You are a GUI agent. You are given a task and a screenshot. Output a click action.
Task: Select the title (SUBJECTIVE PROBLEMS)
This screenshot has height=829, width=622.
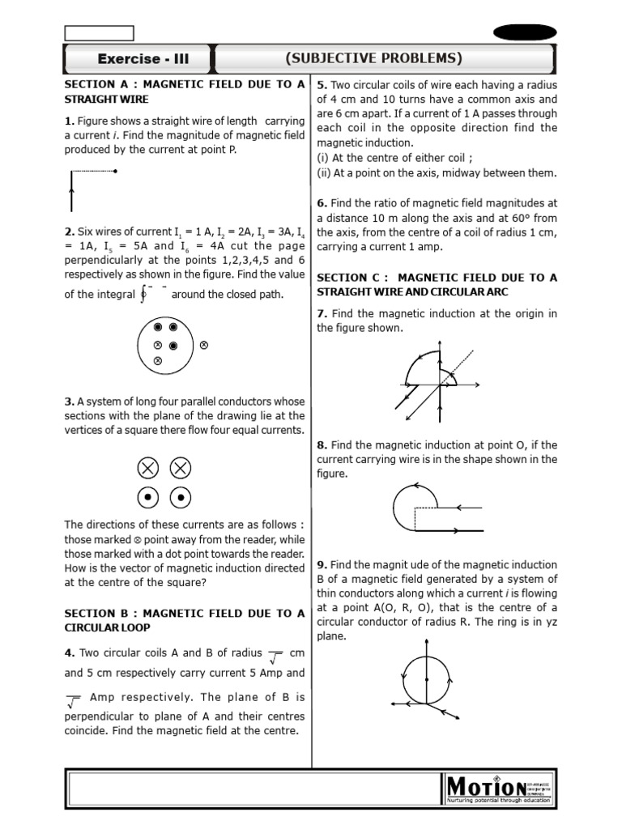[373, 58]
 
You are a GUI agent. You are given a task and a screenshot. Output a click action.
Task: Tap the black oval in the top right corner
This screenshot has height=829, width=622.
[525, 32]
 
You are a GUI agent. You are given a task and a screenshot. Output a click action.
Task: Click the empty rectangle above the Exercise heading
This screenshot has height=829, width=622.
[99, 32]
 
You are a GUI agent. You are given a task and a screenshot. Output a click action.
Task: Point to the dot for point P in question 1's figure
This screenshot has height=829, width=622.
[117, 171]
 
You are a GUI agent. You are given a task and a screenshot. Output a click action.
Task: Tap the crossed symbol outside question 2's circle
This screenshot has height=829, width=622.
[203, 344]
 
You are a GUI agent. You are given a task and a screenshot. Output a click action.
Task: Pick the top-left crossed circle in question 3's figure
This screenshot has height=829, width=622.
[147, 468]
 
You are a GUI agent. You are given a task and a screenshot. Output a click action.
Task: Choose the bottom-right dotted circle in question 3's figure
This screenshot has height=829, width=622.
[181, 497]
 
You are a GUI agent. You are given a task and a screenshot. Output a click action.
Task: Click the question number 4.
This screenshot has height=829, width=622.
[69, 653]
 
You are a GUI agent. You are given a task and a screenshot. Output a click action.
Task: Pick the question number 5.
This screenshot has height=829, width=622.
[322, 85]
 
